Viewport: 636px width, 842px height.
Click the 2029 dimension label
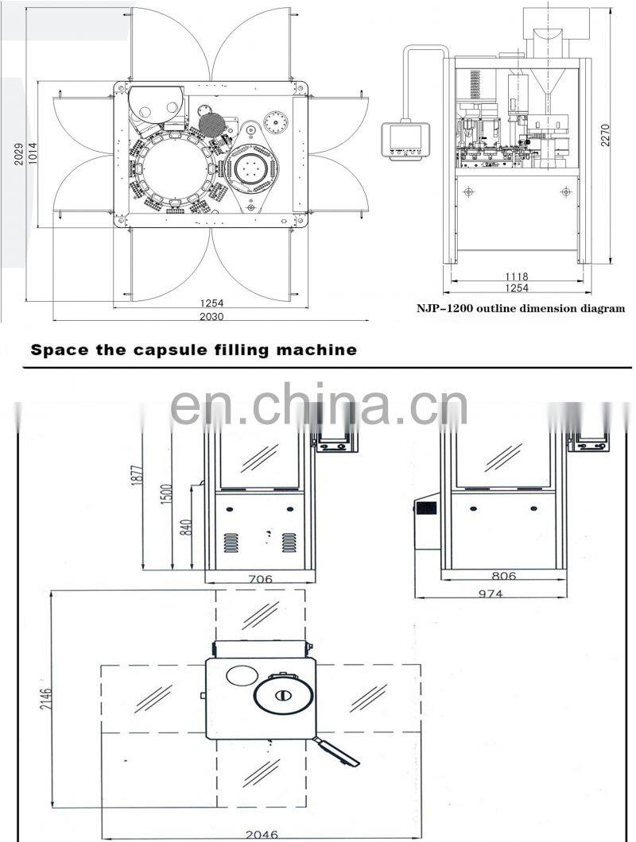tap(19, 153)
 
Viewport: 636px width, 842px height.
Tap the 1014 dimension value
tap(33, 153)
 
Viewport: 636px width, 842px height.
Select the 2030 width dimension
tap(211, 317)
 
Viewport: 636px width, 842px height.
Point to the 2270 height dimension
tap(605, 135)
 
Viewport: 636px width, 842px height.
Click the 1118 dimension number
tap(516, 276)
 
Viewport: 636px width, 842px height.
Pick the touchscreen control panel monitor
tap(406, 140)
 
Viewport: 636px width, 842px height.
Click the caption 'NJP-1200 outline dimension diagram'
tap(521, 308)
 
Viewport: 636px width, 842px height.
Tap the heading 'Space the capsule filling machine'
tap(193, 350)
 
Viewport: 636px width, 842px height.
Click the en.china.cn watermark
tap(318, 404)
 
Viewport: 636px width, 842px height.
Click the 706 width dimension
tap(260, 579)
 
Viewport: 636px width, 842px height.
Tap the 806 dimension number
tap(504, 576)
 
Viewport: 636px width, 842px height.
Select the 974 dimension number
tap(491, 593)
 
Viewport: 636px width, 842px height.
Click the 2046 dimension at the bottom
tap(262, 835)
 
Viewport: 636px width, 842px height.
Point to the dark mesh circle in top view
tap(211, 126)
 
